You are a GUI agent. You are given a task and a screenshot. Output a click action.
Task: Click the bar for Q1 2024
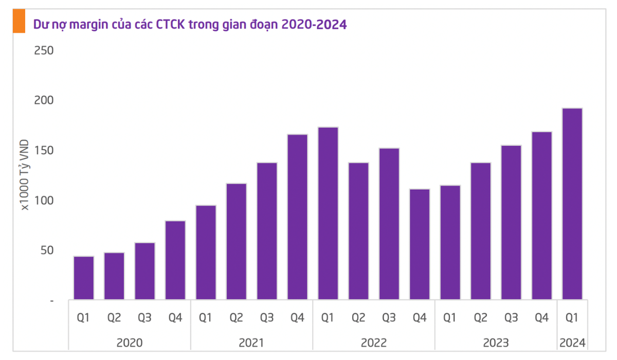[572, 204]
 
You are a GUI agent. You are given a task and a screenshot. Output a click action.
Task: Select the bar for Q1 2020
[84, 278]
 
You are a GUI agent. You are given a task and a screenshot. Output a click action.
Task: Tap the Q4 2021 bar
[298, 217]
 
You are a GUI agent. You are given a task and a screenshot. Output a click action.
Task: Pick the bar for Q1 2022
[328, 213]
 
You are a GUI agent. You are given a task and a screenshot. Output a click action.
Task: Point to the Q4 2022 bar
[420, 244]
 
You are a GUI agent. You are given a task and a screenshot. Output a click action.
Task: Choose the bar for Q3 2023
[511, 223]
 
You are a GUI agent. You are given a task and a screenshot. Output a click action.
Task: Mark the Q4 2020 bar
[175, 260]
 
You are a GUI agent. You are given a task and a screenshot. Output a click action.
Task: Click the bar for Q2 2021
[237, 242]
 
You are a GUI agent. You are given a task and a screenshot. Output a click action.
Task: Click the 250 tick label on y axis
[44, 51]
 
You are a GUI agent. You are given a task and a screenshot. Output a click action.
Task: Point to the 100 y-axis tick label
[44, 201]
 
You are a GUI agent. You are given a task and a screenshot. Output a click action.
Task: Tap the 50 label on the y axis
[47, 250]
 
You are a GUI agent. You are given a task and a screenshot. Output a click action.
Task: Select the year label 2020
[130, 343]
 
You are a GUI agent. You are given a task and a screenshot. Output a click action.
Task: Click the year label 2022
[374, 343]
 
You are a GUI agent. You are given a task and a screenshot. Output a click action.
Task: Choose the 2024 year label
[572, 343]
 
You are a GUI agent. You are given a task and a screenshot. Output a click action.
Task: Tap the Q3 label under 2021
[267, 318]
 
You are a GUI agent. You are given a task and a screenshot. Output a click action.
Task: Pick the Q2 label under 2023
[481, 318]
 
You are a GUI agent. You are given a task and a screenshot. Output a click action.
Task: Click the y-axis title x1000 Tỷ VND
[25, 175]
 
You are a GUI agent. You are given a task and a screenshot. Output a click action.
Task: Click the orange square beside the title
[19, 21]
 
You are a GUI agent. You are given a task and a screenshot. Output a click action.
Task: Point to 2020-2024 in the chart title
[314, 25]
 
